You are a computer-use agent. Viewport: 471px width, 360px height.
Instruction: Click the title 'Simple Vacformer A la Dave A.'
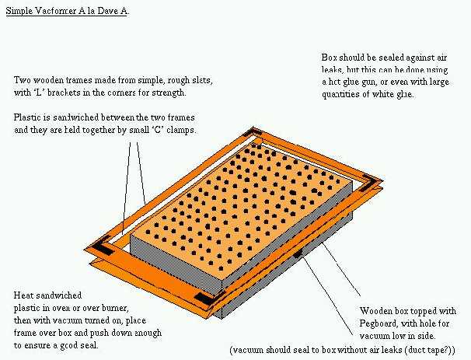(x=68, y=11)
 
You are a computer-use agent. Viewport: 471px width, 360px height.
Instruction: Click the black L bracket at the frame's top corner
(x=251, y=132)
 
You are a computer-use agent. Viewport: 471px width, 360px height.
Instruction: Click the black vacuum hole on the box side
(x=298, y=254)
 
